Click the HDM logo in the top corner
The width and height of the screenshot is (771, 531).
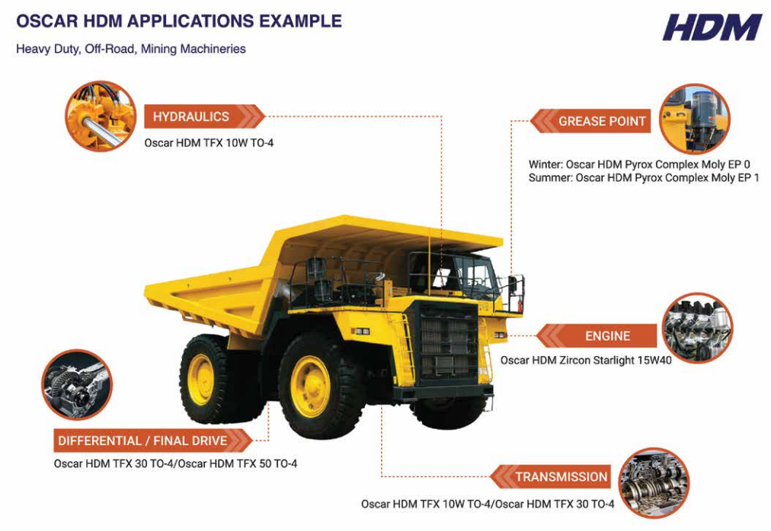click(x=711, y=27)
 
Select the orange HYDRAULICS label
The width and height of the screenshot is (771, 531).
click(x=191, y=116)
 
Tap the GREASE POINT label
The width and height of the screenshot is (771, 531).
click(x=601, y=121)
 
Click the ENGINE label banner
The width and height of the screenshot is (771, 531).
click(x=606, y=335)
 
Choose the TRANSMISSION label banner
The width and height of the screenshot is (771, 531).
click(x=561, y=477)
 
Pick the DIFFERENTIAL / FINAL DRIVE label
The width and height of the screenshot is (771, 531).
click(x=142, y=440)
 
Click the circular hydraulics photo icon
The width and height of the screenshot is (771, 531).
click(x=101, y=116)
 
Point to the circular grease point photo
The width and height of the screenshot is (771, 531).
click(x=693, y=119)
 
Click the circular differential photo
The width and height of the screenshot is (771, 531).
click(x=77, y=384)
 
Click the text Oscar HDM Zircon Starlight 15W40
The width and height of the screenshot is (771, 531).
click(x=586, y=360)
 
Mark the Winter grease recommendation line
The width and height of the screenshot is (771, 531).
click(x=639, y=164)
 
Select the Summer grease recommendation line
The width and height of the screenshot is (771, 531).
click(x=644, y=178)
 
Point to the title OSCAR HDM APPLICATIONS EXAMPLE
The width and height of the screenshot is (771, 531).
click(x=179, y=21)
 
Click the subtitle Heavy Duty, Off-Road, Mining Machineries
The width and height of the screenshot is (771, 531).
click(x=131, y=49)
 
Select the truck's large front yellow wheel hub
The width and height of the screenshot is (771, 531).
click(x=312, y=386)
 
